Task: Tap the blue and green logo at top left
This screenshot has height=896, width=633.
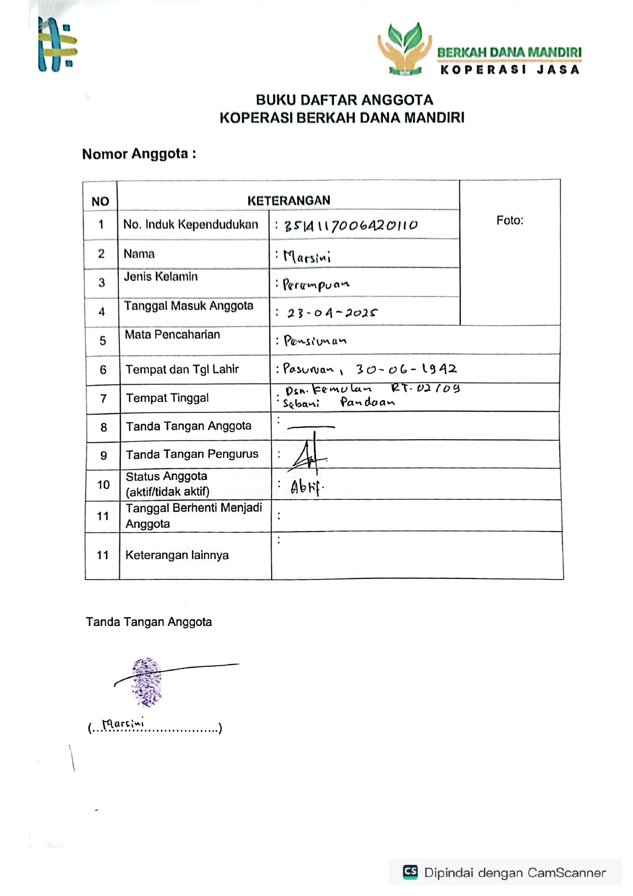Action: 57,45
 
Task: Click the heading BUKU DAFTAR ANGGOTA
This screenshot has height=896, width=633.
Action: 344,100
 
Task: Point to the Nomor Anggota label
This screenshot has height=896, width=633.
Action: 139,154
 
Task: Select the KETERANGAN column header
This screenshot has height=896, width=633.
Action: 288,200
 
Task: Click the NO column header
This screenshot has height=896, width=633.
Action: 100,201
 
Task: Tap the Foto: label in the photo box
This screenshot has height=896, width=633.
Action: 509,220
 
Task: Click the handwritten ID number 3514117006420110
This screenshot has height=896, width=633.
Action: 351,225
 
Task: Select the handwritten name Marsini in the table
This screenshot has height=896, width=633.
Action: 307,256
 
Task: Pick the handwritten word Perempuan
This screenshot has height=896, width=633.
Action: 316,285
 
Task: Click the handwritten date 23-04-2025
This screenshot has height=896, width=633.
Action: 332,312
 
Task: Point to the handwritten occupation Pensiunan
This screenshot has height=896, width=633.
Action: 315,341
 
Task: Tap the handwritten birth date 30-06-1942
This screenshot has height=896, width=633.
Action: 406,369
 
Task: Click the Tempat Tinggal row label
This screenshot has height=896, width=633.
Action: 167,398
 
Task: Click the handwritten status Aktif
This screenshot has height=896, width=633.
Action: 306,488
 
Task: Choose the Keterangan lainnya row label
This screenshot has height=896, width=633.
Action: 177,555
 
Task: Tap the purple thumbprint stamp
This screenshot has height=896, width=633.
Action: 147,682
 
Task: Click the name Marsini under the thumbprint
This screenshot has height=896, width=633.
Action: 123,724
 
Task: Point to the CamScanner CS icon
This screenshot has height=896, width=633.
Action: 410,871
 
